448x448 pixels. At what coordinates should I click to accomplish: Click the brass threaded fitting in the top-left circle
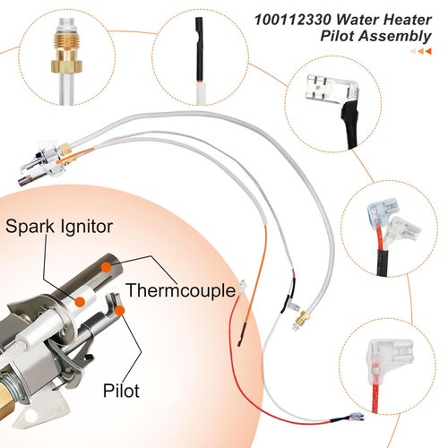click(67, 56)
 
